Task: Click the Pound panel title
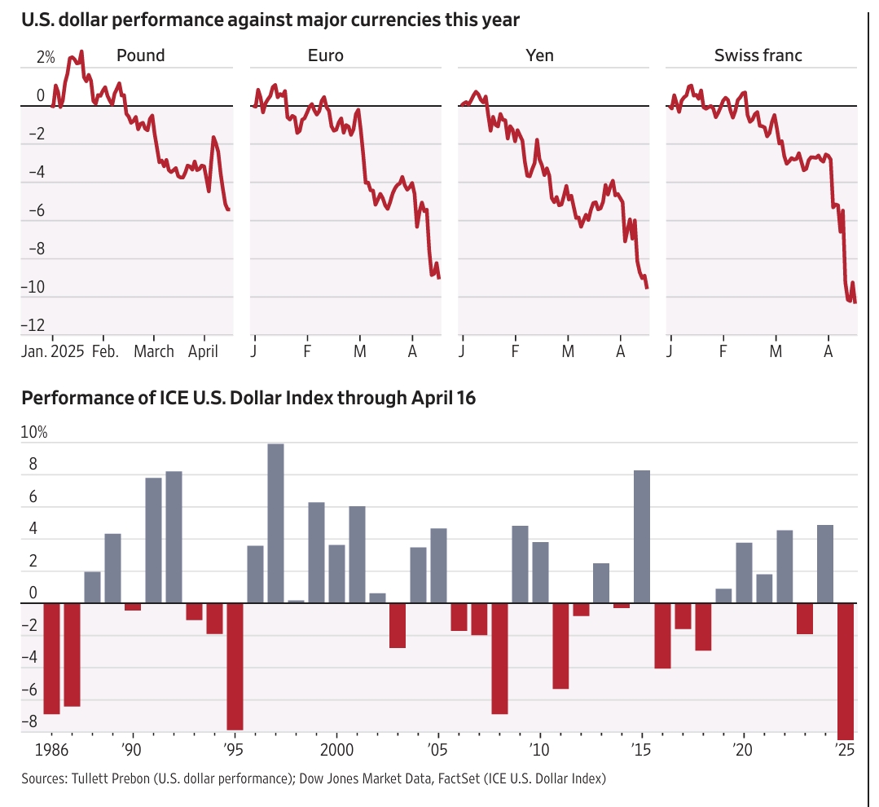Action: [x=140, y=55]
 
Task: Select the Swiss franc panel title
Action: [x=758, y=55]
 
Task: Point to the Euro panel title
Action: [x=325, y=55]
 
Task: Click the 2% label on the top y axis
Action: [x=46, y=58]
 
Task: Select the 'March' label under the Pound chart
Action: [x=154, y=351]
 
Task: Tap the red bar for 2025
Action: [x=845, y=670]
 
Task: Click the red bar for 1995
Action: [x=235, y=666]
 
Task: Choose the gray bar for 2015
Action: [x=642, y=536]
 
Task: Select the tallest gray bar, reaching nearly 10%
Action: [x=275, y=523]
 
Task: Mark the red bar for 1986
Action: [x=52, y=658]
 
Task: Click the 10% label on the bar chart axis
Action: [x=34, y=433]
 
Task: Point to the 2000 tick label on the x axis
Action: [x=336, y=748]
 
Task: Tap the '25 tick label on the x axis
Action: [x=844, y=748]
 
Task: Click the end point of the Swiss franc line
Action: [x=855, y=302]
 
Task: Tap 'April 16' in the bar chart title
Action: [x=446, y=399]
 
